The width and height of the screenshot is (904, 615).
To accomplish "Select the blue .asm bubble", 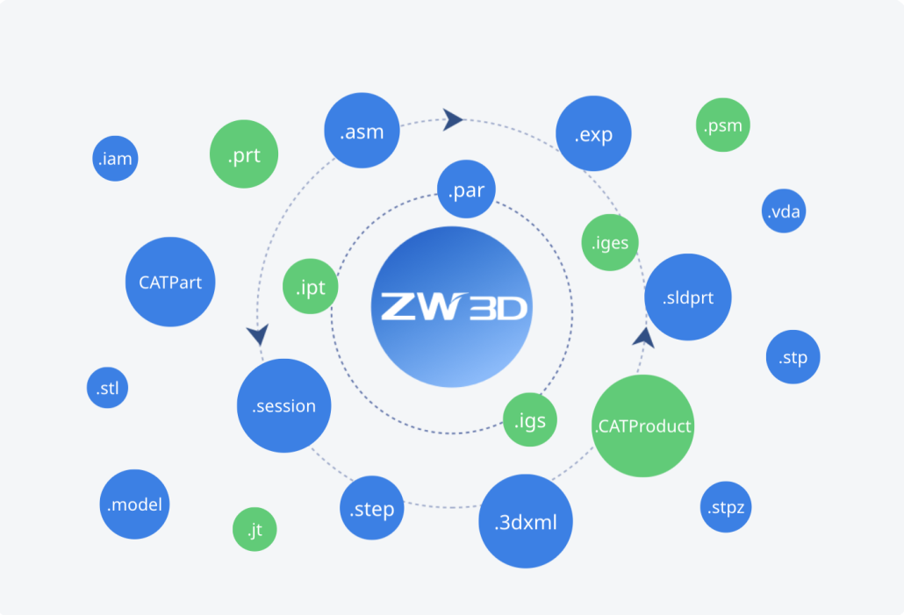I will [362, 132].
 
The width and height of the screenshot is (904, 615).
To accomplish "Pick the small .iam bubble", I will [115, 160].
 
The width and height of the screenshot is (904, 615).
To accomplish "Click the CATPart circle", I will [170, 282].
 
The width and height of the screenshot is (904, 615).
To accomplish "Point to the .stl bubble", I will [108, 389].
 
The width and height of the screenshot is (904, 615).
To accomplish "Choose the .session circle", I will [283, 405].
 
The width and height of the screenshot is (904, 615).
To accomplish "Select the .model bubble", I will [134, 504].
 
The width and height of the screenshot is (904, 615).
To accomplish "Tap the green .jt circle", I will [255, 530].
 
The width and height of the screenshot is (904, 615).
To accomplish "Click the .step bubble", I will [372, 509].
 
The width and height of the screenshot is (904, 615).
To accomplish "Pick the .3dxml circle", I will [525, 522].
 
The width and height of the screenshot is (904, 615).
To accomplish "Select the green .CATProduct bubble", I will [643, 426].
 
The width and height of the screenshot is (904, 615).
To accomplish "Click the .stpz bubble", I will [727, 507].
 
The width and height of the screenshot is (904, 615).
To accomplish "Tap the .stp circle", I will [793, 357].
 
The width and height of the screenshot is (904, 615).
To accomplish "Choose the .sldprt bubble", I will [688, 297].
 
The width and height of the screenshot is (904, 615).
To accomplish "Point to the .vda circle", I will [784, 211].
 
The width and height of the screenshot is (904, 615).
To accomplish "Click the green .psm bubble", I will [722, 125].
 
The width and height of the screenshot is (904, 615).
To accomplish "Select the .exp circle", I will [593, 134].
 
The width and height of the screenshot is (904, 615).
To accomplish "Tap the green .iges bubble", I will [609, 242].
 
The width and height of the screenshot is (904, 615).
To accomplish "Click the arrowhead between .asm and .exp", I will [453, 118].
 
